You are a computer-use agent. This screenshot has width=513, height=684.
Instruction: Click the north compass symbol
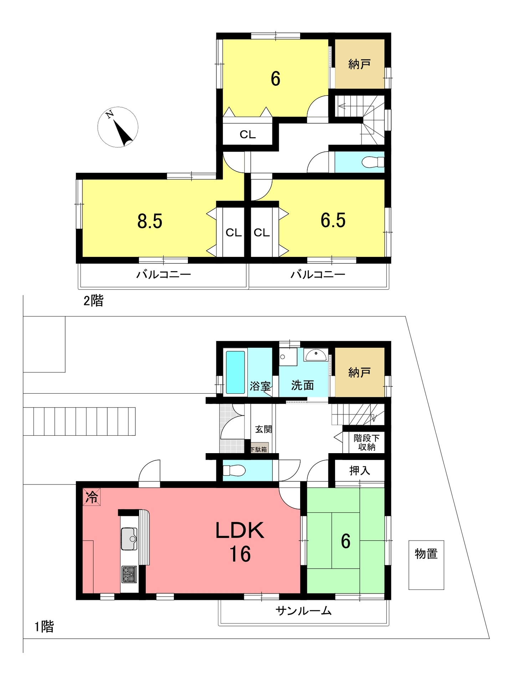click(x=118, y=127)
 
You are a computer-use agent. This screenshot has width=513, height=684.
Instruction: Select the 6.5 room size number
click(x=333, y=220)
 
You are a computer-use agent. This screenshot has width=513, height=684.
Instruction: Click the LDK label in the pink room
click(x=240, y=530)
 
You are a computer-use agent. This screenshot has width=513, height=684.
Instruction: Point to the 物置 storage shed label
click(x=426, y=554)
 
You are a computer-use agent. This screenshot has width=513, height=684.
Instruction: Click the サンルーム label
click(x=304, y=611)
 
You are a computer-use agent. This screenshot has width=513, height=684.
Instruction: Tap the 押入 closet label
click(x=360, y=471)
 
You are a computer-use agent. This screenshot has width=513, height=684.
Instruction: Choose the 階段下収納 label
click(x=366, y=442)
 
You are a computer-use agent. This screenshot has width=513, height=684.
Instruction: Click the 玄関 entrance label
click(x=263, y=429)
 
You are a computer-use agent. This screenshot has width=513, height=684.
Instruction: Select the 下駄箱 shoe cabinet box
click(x=259, y=448)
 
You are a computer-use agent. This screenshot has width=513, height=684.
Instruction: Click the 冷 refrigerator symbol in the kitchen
click(x=92, y=497)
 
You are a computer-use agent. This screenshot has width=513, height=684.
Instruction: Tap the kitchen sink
click(x=129, y=539)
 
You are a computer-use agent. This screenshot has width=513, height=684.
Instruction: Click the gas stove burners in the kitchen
click(x=129, y=574)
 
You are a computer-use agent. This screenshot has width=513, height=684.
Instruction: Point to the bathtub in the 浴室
click(x=235, y=372)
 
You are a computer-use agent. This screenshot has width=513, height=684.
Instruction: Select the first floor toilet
click(x=234, y=471)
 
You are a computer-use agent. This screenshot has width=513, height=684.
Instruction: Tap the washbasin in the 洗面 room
click(x=316, y=355)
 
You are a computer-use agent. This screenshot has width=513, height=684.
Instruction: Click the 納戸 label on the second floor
click(x=359, y=64)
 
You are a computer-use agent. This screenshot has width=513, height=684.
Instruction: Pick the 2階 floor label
click(x=93, y=301)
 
